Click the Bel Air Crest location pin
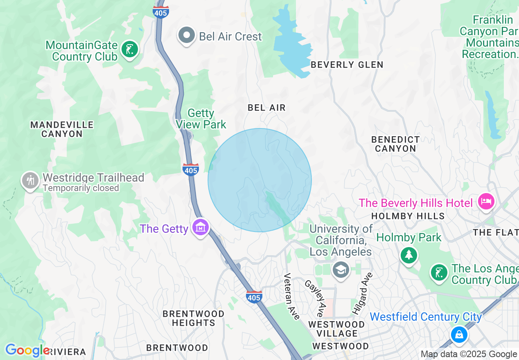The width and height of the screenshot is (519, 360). click(x=187, y=36)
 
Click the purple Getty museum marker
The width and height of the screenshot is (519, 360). click(x=201, y=228)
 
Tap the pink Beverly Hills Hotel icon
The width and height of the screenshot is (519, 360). click(x=487, y=202)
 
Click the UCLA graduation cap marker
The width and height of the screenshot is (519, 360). click(x=341, y=270)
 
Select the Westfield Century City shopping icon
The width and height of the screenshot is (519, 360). click(x=459, y=334)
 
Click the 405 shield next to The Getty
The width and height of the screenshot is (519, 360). click(x=191, y=169)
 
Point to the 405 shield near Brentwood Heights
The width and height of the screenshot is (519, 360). click(x=254, y=297)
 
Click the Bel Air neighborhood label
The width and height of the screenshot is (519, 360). click(x=266, y=108)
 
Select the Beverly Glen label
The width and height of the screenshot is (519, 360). click(x=347, y=65)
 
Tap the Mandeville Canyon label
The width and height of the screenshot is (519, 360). click(x=62, y=129)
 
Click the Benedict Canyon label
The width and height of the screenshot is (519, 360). click(x=395, y=144)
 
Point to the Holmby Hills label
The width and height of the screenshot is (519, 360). click(x=408, y=216)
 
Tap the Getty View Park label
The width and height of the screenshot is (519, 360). click(x=201, y=119)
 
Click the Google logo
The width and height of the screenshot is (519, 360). click(x=27, y=350)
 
